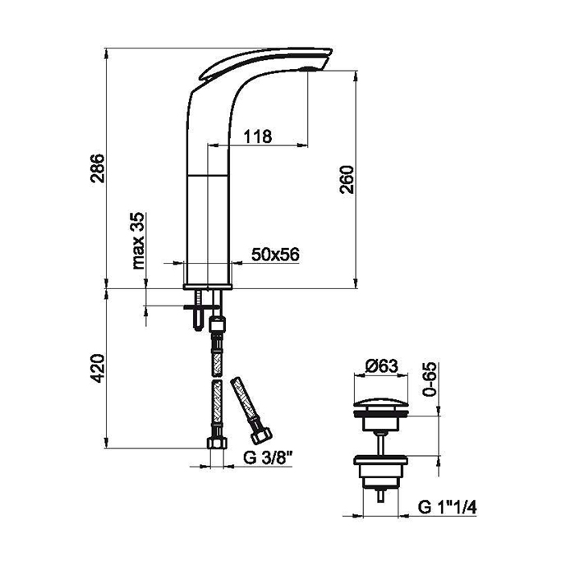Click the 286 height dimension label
tap(98, 168)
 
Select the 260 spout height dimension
tap(347, 179)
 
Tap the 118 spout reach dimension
tap(258, 136)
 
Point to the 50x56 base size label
tap(275, 254)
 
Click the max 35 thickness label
tap(138, 241)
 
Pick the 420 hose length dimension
tap(98, 368)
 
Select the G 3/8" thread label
tap(268, 458)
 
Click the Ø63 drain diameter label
tap(382, 366)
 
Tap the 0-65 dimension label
tap(430, 379)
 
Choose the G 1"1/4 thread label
tap(447, 508)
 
